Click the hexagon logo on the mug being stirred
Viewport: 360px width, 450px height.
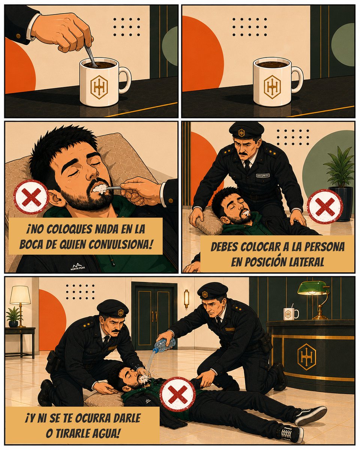(x=99, y=87)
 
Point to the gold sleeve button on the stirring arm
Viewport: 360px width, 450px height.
(x=18, y=36)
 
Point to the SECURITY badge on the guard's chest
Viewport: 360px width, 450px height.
(x=263, y=175)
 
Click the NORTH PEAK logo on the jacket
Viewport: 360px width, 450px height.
(x=78, y=267)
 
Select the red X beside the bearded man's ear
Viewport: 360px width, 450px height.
(x=31, y=197)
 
